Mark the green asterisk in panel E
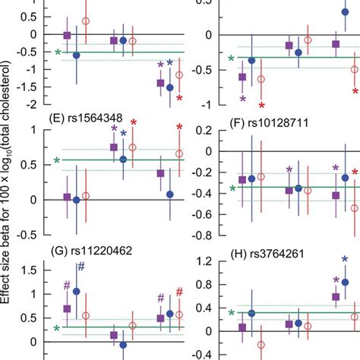57,161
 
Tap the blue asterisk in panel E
123,134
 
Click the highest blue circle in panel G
76,291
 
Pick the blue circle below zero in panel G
123,345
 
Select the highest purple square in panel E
114,147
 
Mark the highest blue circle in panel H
346,282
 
